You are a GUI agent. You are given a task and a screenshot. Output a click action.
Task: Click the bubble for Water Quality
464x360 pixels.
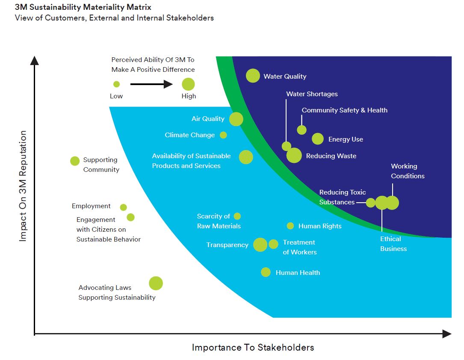pos(253,76)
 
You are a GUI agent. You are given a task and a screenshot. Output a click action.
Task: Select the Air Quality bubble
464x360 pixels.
pos(236,119)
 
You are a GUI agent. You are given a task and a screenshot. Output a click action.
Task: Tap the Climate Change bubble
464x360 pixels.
pos(223,135)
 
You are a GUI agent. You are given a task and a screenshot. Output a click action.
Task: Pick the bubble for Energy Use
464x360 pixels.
pos(318,139)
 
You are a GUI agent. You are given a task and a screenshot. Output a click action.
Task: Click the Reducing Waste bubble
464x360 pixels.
pos(294,156)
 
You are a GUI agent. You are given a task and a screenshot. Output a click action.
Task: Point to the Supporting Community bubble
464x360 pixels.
pos(75,161)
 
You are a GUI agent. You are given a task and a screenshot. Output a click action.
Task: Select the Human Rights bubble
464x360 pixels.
pos(290,226)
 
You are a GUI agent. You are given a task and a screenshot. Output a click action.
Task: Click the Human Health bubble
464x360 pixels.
pos(266,272)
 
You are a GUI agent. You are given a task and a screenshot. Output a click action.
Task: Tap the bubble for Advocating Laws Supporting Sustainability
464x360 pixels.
pos(156,283)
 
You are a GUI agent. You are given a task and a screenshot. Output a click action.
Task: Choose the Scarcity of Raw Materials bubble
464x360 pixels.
pos(237,216)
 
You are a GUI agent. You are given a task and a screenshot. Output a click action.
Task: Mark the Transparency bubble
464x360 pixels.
pos(260,245)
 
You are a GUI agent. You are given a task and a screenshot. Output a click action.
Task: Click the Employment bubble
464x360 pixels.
pos(123,207)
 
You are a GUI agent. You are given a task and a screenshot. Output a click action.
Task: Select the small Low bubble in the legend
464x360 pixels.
pos(116,84)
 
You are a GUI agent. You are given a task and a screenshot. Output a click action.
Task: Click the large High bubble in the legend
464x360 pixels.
pos(188,84)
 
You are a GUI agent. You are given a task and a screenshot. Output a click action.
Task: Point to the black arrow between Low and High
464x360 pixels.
pos(151,84)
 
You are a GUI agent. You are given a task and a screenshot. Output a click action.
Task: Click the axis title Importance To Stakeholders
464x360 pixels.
pos(253,347)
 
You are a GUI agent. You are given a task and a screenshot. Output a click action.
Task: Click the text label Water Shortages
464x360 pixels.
pos(312,94)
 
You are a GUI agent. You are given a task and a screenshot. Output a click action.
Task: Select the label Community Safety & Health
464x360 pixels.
pos(344,110)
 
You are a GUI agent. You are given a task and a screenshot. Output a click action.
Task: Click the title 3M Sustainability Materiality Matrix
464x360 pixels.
pos(83,7)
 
